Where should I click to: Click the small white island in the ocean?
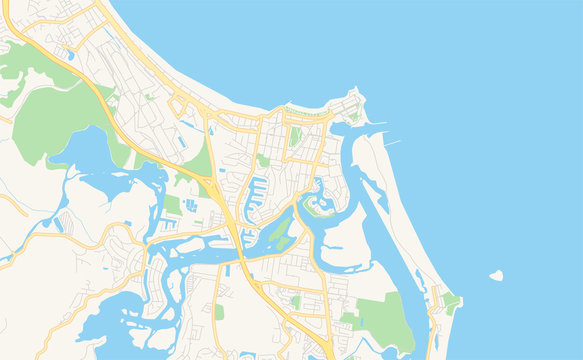495,275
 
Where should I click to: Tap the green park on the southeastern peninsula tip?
451,299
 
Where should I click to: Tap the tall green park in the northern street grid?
295,136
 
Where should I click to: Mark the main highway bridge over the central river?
241,243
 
